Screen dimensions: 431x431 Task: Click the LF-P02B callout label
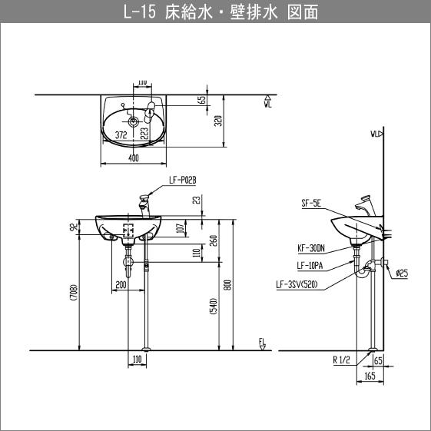183,181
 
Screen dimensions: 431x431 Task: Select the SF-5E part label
311,204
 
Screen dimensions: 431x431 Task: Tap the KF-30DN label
311,248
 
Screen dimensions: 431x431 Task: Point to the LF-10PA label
310,266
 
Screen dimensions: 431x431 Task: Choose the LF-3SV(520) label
297,285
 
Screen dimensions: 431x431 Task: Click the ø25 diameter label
402,274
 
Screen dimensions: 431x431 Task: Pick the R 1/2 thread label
341,360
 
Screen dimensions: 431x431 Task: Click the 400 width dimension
134,158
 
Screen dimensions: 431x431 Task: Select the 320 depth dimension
218,121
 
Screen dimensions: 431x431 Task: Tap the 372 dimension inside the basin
121,135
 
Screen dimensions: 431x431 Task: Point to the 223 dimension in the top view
144,133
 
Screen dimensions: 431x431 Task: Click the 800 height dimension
228,285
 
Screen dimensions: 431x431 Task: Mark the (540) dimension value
214,306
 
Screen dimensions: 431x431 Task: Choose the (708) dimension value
75,293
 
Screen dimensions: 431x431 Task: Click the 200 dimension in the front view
121,285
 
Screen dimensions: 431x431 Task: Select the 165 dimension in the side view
370,376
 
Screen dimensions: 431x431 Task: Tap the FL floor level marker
262,344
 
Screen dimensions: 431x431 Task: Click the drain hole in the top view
134,121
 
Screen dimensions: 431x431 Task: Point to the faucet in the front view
144,206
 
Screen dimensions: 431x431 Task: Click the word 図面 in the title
303,12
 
